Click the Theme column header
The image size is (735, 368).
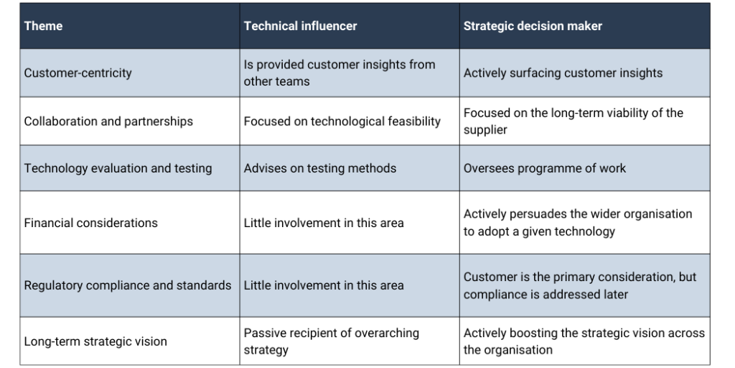pyautogui.click(x=43, y=26)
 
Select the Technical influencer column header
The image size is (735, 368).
pyautogui.click(x=300, y=26)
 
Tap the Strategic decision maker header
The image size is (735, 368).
pyautogui.click(x=533, y=26)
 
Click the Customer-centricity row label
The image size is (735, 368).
pyautogui.click(x=78, y=73)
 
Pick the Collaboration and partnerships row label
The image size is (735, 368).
pyautogui.click(x=108, y=121)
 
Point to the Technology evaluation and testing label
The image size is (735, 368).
pyautogui.click(x=118, y=168)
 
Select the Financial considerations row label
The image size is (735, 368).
pyautogui.click(x=90, y=223)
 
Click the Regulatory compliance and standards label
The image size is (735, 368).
pyautogui.click(x=128, y=285)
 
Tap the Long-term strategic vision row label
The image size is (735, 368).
pyautogui.click(x=95, y=341)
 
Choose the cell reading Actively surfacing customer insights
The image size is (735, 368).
pyautogui.click(x=563, y=73)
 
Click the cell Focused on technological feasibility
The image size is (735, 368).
pyautogui.click(x=342, y=121)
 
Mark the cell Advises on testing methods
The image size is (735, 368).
pyautogui.click(x=319, y=168)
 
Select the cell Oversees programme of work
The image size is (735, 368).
pyautogui.click(x=545, y=168)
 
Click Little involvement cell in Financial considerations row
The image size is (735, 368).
pyautogui.click(x=324, y=223)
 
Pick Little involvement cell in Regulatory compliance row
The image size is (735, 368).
pyautogui.click(x=324, y=285)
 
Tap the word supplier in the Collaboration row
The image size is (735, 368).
pyautogui.click(x=485, y=130)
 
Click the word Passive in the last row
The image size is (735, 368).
pyautogui.click(x=264, y=333)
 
